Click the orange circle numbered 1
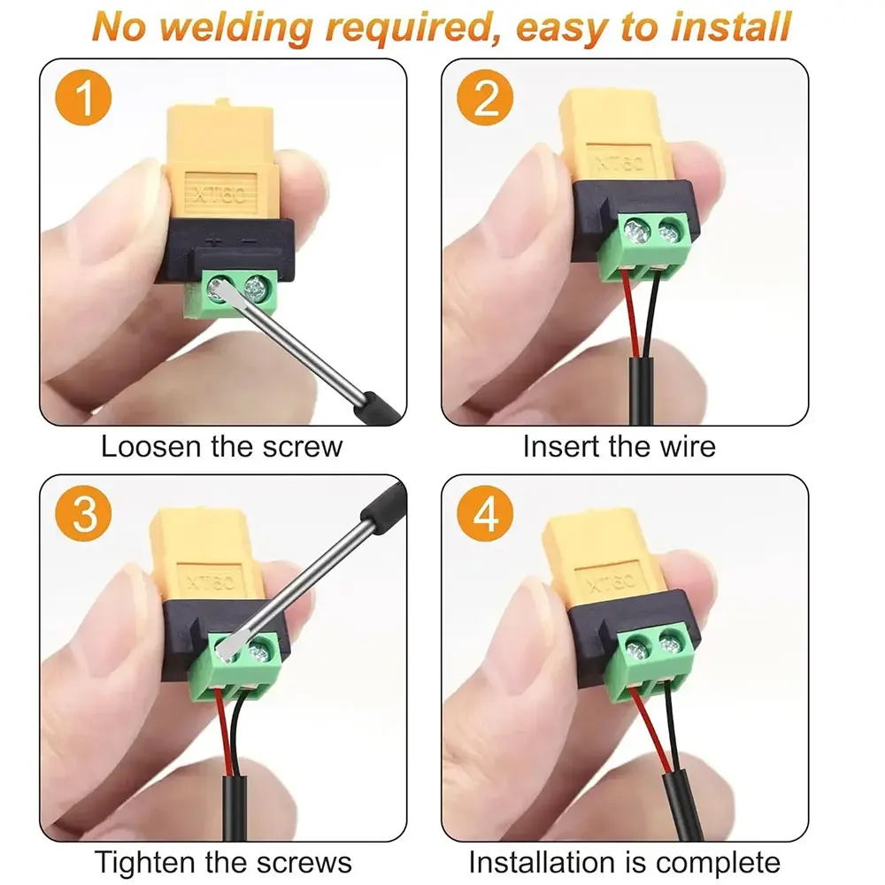click(x=83, y=97)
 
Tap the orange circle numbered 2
click(x=485, y=97)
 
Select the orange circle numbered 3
click(x=83, y=513)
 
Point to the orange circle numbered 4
click(x=485, y=513)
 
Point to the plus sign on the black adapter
click(x=214, y=241)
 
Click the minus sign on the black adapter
click(x=249, y=241)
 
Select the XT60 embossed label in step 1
click(x=220, y=195)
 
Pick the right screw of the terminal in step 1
click(x=258, y=288)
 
